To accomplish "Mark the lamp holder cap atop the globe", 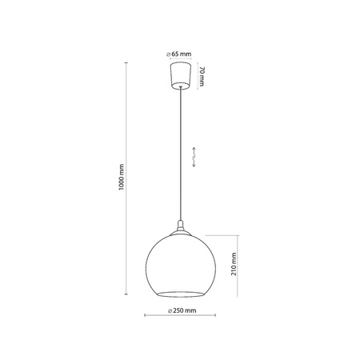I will click(179, 226).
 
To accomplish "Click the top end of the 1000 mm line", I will click(130, 62).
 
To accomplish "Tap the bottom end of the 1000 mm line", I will click(130, 293).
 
